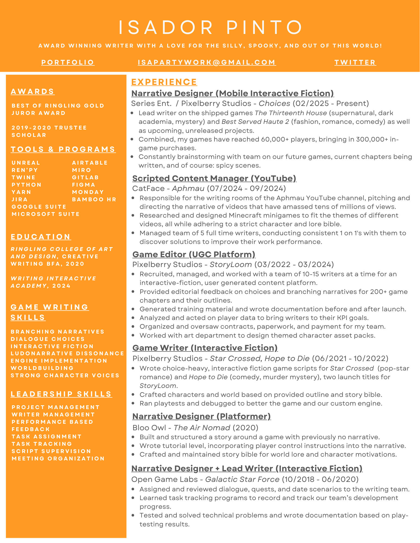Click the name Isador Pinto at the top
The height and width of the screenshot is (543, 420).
click(x=210, y=27)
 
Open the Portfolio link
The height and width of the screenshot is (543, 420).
click(x=68, y=62)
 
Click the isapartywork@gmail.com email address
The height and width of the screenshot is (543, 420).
click(x=207, y=62)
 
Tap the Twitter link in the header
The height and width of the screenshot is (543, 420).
click(x=355, y=62)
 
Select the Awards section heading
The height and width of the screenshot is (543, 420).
click(x=33, y=92)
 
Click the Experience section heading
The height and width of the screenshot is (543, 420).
click(x=164, y=82)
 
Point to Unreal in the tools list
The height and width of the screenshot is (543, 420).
click(x=26, y=163)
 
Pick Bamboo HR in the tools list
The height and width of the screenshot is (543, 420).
click(x=94, y=199)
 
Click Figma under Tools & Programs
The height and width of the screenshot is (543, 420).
click(x=84, y=185)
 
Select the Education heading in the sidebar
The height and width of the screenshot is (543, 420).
click(x=41, y=237)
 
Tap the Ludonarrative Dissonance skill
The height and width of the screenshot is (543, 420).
click(x=67, y=353)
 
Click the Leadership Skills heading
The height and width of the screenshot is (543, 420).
click(x=61, y=394)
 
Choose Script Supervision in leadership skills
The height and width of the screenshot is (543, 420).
click(x=51, y=451)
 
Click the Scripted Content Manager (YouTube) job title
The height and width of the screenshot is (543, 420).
click(x=214, y=178)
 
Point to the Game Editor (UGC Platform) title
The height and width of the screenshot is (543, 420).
click(x=194, y=255)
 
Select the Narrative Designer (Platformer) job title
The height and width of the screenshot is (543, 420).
click(x=201, y=416)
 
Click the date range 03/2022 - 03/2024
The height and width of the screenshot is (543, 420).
click(x=294, y=265)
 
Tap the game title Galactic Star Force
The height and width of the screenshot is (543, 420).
click(x=242, y=479)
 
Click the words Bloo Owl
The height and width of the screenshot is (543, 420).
click(x=149, y=428)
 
